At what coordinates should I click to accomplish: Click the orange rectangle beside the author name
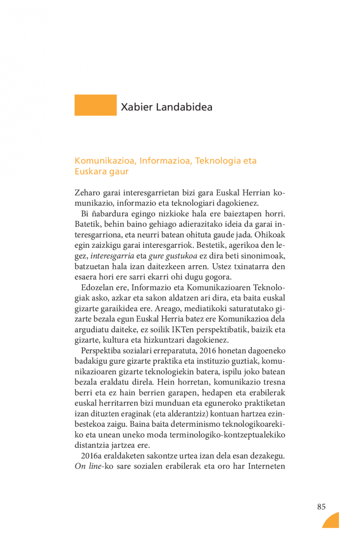(x=95, y=105)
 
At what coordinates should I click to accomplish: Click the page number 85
(x=321, y=507)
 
